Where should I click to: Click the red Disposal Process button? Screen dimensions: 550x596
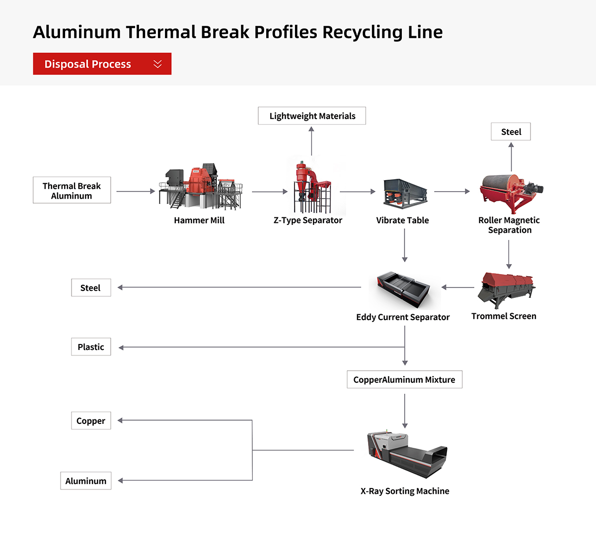[102, 64]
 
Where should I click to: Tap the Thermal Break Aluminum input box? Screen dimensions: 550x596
[72, 190]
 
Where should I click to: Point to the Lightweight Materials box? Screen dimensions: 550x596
[312, 116]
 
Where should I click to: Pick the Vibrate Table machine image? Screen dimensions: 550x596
[405, 193]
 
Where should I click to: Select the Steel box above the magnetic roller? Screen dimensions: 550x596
[511, 132]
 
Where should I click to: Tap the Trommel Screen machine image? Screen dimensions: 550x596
[506, 289]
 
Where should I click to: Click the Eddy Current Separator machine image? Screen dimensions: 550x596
[403, 290]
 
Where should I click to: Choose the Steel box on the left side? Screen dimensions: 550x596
[91, 288]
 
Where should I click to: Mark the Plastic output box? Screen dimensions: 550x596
[91, 347]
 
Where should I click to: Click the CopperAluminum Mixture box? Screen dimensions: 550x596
[404, 380]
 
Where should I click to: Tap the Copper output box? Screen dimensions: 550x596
[91, 421]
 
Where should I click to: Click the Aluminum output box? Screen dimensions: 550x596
[86, 481]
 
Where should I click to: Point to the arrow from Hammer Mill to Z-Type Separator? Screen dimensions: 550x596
[270, 192]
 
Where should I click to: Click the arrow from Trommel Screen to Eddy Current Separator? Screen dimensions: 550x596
[458, 287]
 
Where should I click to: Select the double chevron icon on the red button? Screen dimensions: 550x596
[157, 64]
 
